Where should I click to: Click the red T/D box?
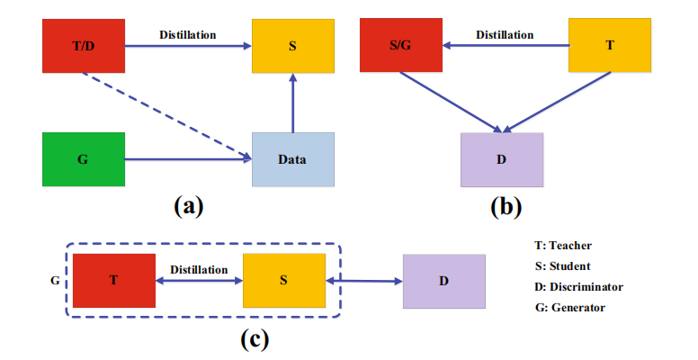(x=84, y=45)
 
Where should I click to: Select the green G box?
(x=84, y=159)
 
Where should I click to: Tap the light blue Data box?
(x=292, y=159)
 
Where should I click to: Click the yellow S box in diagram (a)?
(x=292, y=45)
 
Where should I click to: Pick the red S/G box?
(x=400, y=45)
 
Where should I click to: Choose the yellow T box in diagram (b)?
(x=610, y=45)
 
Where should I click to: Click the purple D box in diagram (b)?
(x=501, y=159)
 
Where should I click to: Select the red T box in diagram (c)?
(x=113, y=280)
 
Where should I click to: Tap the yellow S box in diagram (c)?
(x=283, y=280)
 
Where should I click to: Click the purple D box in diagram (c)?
(x=443, y=280)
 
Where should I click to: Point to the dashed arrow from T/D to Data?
(x=167, y=116)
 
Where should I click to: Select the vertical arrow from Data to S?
(x=292, y=103)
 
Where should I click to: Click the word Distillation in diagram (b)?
(x=505, y=35)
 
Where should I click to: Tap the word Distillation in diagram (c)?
(x=199, y=269)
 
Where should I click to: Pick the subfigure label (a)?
(x=188, y=206)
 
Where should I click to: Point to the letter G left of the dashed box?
(x=54, y=280)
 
